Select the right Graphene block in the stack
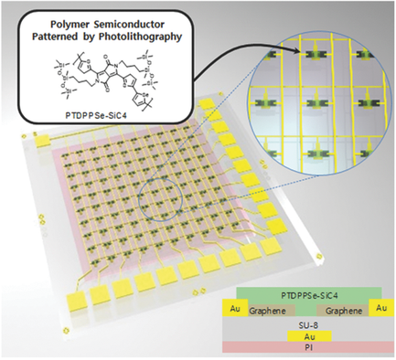click(349, 311)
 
